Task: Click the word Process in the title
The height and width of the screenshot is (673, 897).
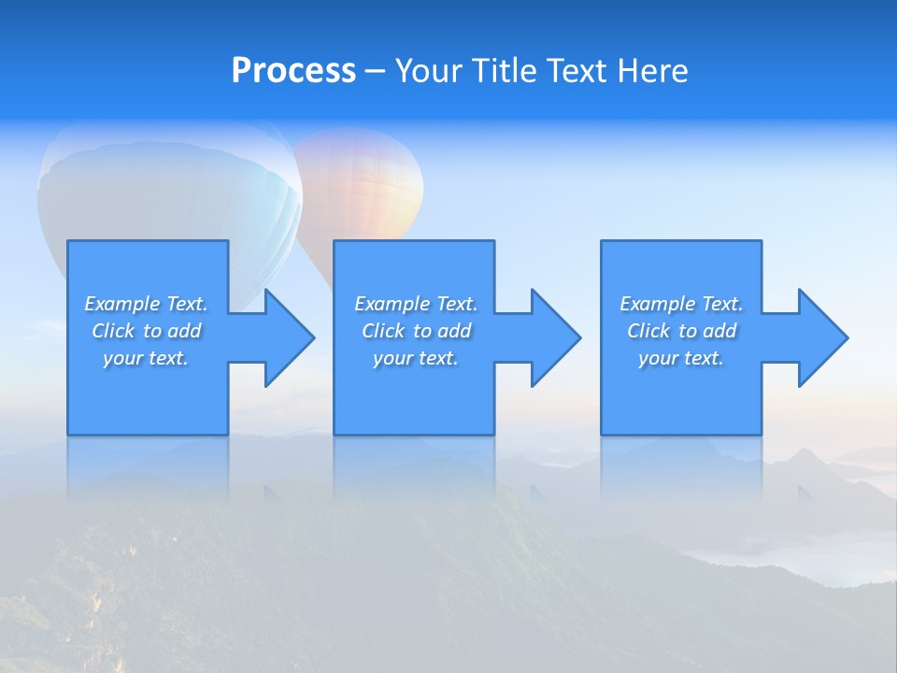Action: coord(293,71)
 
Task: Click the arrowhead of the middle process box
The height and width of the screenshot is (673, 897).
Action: coord(554,337)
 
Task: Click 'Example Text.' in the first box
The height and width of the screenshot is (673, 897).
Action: coord(146,304)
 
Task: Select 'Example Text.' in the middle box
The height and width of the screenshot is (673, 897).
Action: coord(416,304)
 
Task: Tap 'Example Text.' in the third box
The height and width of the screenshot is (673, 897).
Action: coord(681,304)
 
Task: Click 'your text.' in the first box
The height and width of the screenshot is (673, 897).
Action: coord(146,358)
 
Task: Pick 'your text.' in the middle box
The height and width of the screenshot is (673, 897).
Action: coord(416,358)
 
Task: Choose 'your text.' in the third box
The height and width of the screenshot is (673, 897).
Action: coord(681,358)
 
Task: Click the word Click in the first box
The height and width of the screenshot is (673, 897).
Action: coord(113,331)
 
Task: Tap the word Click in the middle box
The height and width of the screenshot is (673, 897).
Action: coord(383,331)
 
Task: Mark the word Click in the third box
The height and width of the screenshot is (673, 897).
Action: coord(648,331)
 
